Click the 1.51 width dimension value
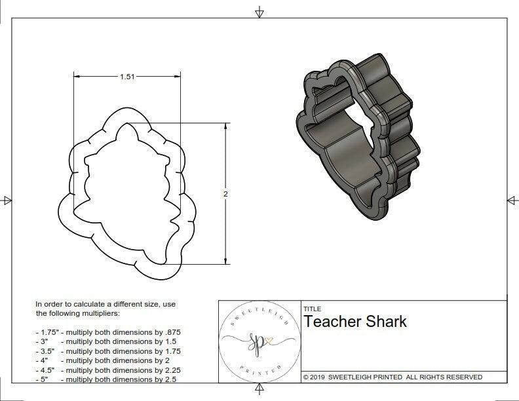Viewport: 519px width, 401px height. [127, 77]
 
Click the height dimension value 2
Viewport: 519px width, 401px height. [226, 194]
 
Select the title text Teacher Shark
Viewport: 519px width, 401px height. [355, 322]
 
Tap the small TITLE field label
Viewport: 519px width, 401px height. [311, 309]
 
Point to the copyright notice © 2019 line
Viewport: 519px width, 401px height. [393, 377]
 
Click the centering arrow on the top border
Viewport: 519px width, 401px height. [259, 11]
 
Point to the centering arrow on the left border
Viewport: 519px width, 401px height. [7, 200]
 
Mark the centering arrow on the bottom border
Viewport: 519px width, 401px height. [259, 391]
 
